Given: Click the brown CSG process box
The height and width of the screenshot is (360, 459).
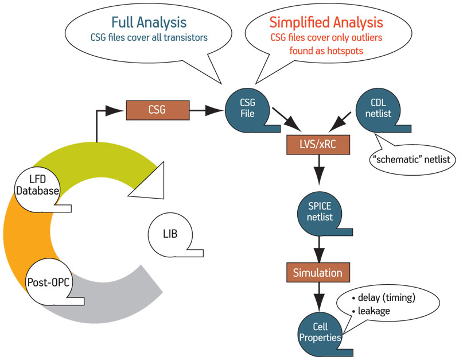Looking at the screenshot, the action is tap(158, 110).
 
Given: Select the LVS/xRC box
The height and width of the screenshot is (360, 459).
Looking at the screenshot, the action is tap(318, 145).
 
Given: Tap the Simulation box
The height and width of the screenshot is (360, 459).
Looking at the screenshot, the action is tap(318, 272).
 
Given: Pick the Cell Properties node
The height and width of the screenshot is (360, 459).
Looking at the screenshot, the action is tap(320, 332).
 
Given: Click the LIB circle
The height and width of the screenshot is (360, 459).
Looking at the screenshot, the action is tap(170, 234).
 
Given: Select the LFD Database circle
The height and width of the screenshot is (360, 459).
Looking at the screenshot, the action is tap(37, 185).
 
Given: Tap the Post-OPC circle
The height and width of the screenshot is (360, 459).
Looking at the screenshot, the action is tap(49, 282).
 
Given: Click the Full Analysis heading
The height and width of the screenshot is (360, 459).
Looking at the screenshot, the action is tap(149, 22).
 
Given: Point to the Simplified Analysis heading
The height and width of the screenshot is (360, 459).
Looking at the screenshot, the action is tap(326, 22).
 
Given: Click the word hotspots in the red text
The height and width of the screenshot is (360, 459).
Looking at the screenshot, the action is tap(345, 51).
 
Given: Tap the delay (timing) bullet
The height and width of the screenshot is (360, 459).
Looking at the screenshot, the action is tap(383, 298).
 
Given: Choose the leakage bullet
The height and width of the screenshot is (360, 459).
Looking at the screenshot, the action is tap(371, 311).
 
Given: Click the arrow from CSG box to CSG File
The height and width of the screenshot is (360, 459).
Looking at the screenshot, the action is tap(207, 110).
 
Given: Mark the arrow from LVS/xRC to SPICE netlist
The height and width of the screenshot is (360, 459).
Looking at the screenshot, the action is tap(319, 170).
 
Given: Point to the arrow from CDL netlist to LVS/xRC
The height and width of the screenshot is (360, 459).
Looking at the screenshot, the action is tap(340, 122).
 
